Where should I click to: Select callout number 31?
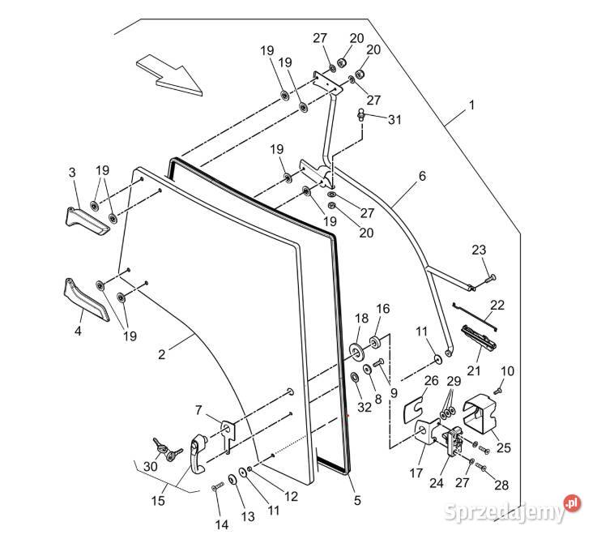pyautogui.click(x=394, y=120)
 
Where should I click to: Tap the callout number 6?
pyautogui.click(x=422, y=176)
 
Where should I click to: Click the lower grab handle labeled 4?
pyautogui.click(x=85, y=299)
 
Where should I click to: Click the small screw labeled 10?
pyautogui.click(x=498, y=390)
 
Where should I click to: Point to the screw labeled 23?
pyautogui.click(x=490, y=279)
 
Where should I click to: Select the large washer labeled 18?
pyautogui.click(x=356, y=351)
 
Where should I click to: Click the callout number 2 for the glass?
pyautogui.click(x=162, y=355)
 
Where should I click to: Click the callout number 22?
pyautogui.click(x=497, y=305)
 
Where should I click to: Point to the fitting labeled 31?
pyautogui.click(x=361, y=114)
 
